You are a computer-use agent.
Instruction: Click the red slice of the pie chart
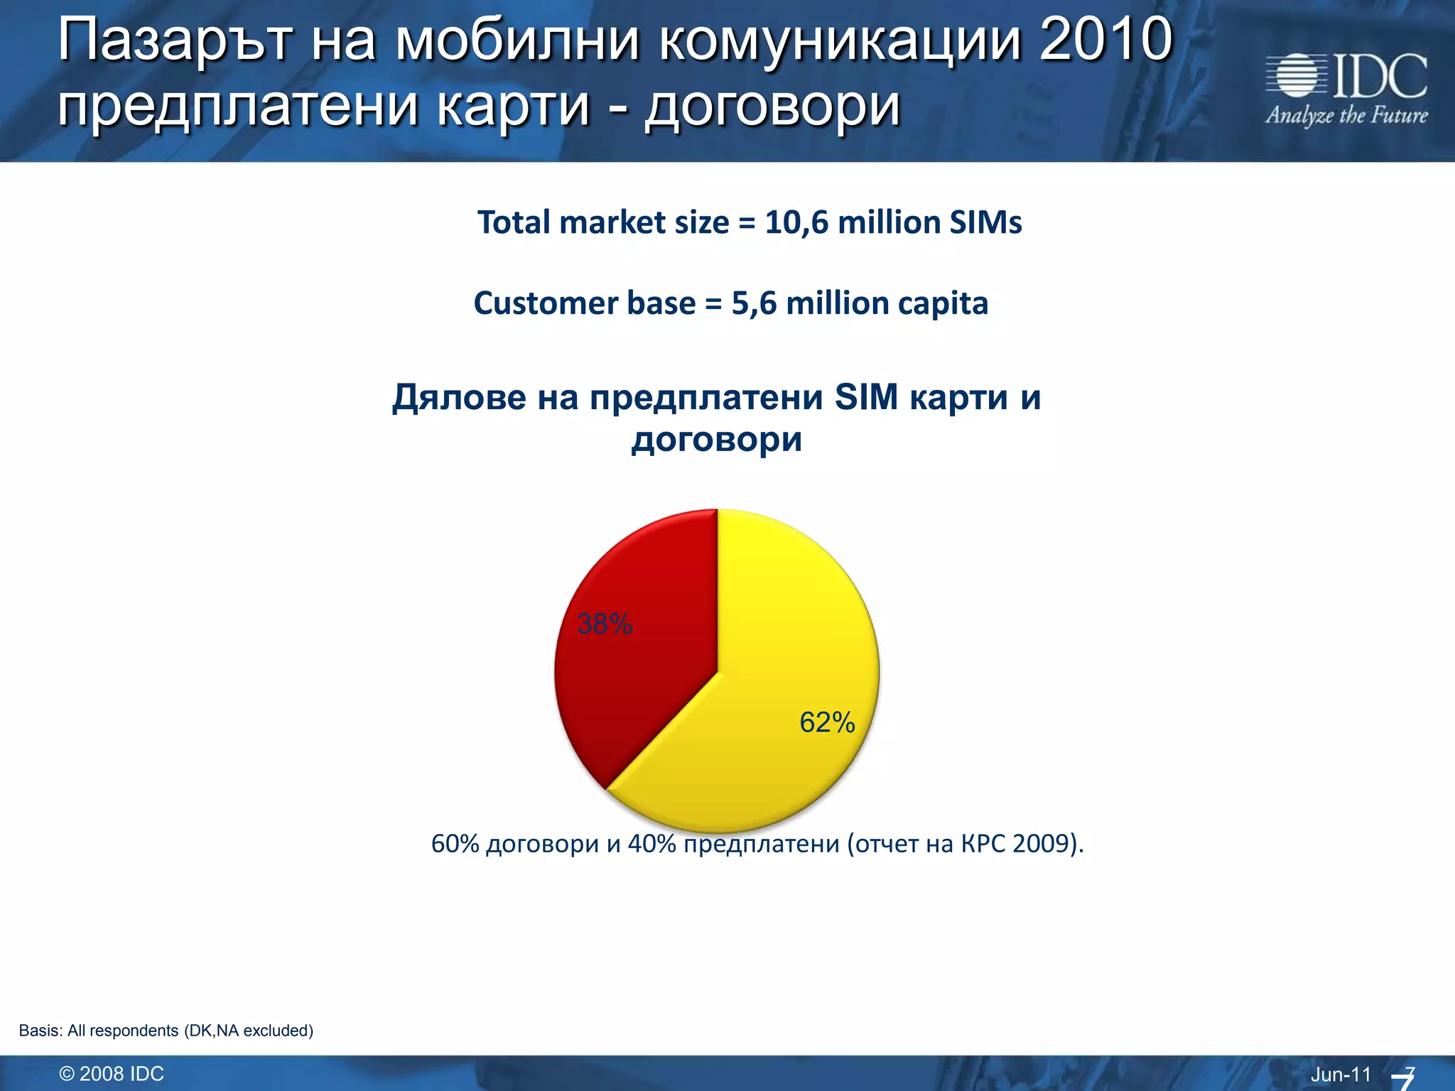[x=639, y=682]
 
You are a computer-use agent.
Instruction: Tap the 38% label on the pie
[x=605, y=624]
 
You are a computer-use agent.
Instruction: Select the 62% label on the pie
[x=827, y=722]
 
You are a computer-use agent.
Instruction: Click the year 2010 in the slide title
[x=1105, y=40]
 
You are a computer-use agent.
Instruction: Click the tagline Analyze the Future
[x=1346, y=115]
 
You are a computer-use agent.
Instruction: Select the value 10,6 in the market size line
[x=796, y=222]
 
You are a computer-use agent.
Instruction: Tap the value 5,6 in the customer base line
[x=754, y=303]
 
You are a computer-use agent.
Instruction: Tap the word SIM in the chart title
[x=866, y=397]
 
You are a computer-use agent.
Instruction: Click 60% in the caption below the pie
[x=455, y=844]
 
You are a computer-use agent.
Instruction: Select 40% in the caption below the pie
[x=651, y=844]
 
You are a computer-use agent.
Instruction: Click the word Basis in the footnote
[x=39, y=1031]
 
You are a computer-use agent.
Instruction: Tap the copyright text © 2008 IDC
[x=112, y=1074]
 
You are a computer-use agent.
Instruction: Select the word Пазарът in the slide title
[x=175, y=40]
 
